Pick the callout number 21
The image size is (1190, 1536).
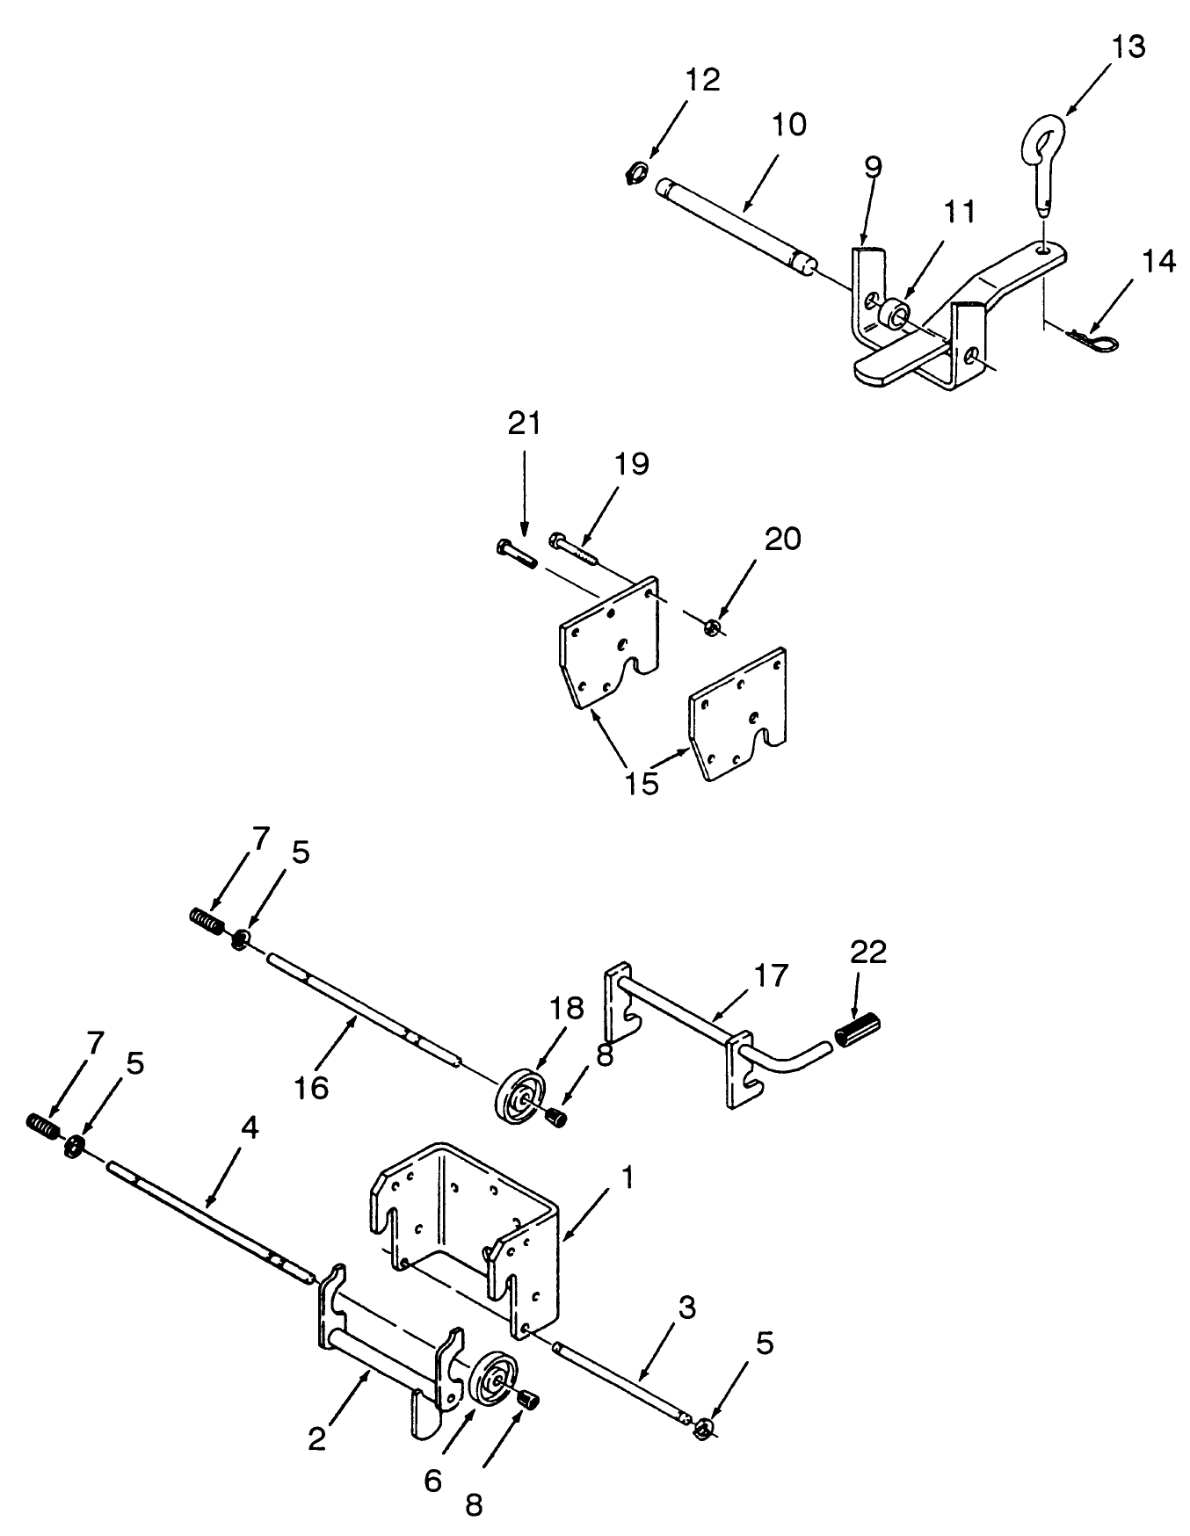tap(524, 424)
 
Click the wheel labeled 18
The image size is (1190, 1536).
tap(520, 1095)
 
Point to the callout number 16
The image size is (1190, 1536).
tap(310, 1087)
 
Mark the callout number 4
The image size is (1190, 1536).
tap(250, 1128)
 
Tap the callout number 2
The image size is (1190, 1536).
tap(317, 1438)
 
